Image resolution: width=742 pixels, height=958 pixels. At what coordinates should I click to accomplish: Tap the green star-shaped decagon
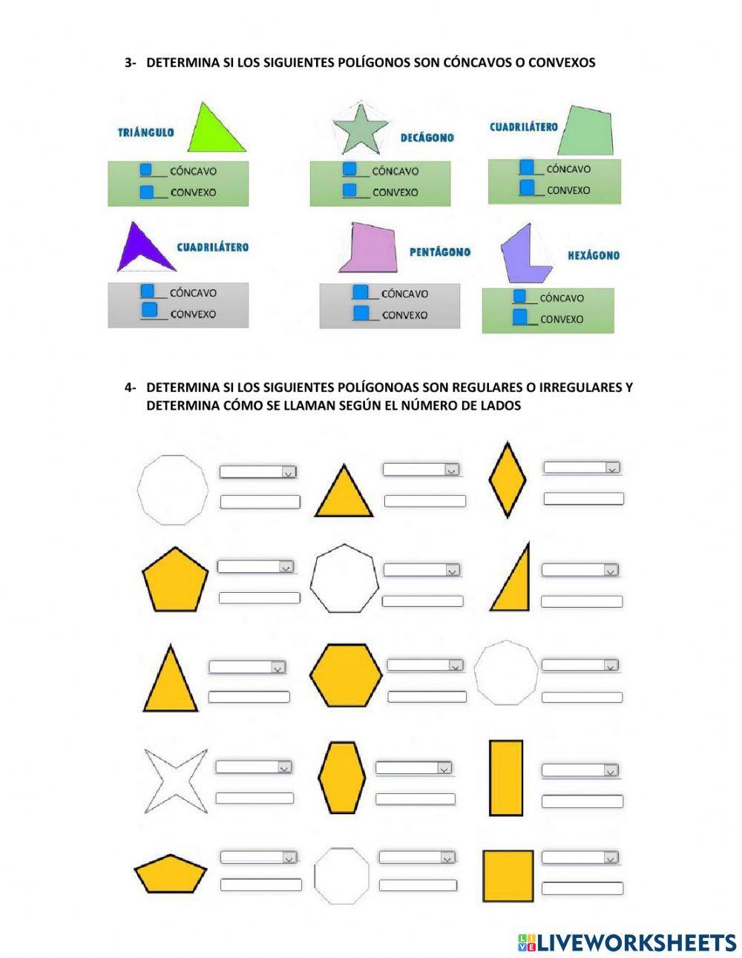pyautogui.click(x=361, y=129)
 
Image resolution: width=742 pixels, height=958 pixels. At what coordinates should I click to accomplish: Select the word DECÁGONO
pyautogui.click(x=427, y=137)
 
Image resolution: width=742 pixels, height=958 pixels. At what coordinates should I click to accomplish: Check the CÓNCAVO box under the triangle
pyautogui.click(x=146, y=170)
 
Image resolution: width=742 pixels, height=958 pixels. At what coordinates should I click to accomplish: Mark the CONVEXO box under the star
pyautogui.click(x=349, y=191)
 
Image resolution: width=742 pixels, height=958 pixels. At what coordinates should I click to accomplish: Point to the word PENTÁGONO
pyautogui.click(x=440, y=252)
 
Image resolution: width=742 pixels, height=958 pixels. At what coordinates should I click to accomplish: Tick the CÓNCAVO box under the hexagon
pyautogui.click(x=519, y=296)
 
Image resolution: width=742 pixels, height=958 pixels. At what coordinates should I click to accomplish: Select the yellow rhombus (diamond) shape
pyautogui.click(x=508, y=479)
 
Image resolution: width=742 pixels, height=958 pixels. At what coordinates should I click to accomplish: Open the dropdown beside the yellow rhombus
pyautogui.click(x=582, y=467)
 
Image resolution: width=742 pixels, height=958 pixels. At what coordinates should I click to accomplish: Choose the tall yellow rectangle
pyautogui.click(x=506, y=778)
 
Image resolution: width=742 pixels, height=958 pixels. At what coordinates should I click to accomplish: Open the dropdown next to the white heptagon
pyautogui.click(x=421, y=570)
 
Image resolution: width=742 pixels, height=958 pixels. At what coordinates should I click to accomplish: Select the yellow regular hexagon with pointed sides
pyautogui.click(x=346, y=675)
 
